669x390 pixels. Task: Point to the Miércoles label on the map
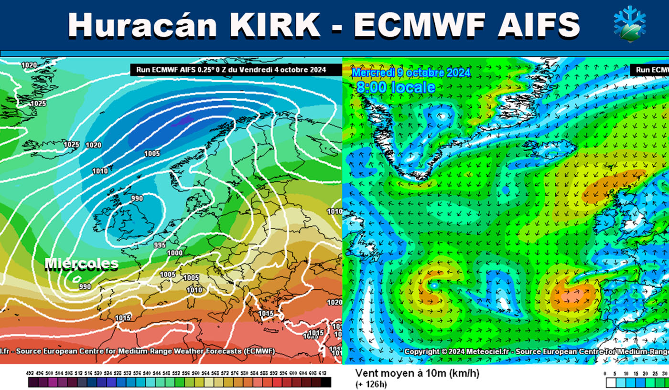pyautogui.click(x=81, y=264)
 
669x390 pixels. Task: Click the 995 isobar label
pyautogui.click(x=160, y=245)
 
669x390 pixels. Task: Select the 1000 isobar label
pyautogui.click(x=175, y=253)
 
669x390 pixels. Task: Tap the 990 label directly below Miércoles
pyautogui.click(x=85, y=286)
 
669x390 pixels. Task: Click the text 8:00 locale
pyautogui.click(x=396, y=87)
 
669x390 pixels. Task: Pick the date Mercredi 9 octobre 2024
pyautogui.click(x=411, y=73)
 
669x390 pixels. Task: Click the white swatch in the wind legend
pyautogui.click(x=610, y=383)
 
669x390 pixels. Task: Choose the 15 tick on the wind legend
pyautogui.click(x=636, y=373)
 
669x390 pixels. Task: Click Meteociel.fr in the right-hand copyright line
pyautogui.click(x=491, y=351)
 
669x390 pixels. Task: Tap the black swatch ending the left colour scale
pyautogui.click(x=326, y=382)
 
